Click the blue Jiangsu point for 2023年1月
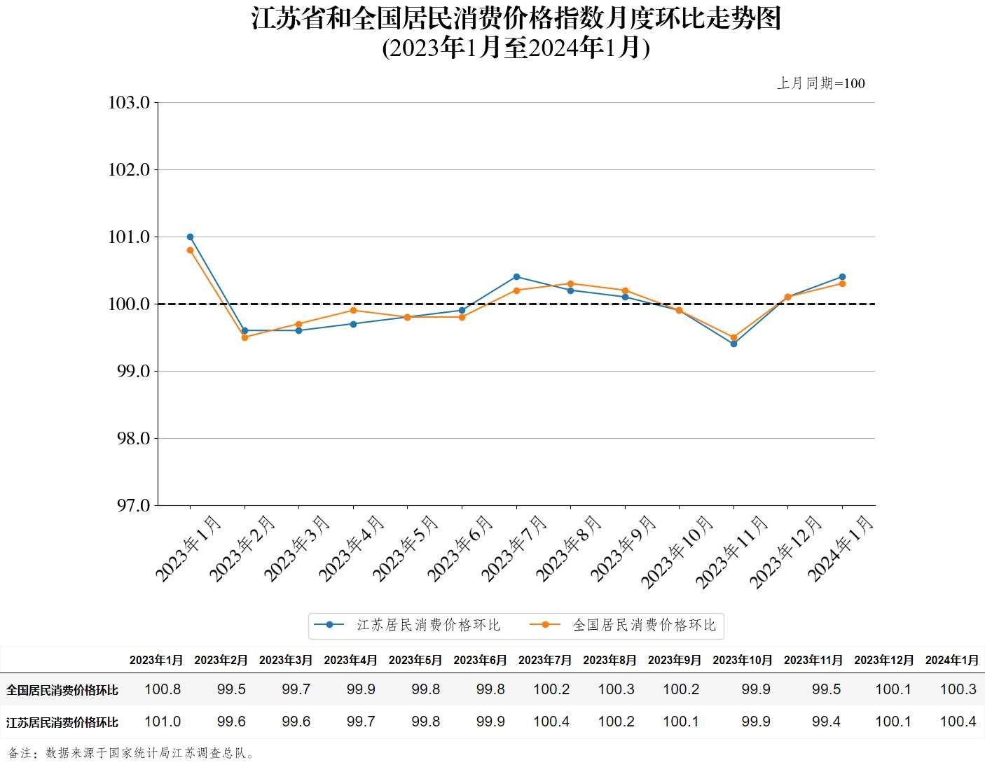point(190,237)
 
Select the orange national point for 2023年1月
point(190,250)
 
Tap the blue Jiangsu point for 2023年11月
point(733,344)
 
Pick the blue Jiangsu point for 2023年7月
point(516,276)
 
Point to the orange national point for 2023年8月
point(570,283)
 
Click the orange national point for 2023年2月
point(244,337)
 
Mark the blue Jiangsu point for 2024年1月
point(842,276)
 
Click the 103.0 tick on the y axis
point(129,103)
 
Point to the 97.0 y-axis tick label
point(129,505)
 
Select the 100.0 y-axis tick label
point(129,304)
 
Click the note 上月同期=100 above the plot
point(820,83)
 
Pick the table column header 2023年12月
point(884,660)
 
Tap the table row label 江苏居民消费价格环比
point(62,722)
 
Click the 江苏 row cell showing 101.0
point(163,722)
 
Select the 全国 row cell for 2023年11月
point(826,689)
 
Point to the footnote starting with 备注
point(132,753)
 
